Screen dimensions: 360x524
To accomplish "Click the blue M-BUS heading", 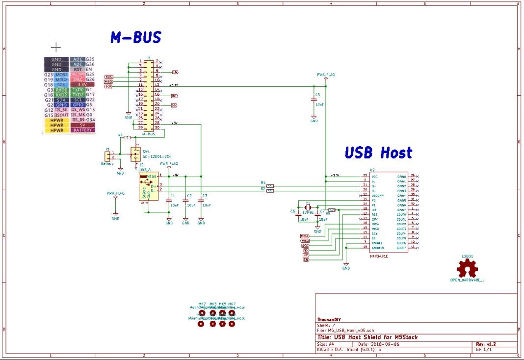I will pos(135,38).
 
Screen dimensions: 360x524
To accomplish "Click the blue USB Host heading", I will pos(378,153).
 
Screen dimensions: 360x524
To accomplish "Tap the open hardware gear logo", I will pos(467,268).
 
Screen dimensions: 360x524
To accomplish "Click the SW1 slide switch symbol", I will pos(135,154).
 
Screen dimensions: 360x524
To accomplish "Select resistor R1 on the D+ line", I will pos(269,186).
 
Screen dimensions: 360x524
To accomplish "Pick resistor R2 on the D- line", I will pos(269,191).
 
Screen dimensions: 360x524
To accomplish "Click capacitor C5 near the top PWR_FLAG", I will pos(314,100).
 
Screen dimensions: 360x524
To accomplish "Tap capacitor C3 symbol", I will pos(201,200).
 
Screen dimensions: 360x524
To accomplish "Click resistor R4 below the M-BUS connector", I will pos(127,138).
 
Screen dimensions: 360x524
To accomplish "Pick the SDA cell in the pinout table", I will pos(61,100).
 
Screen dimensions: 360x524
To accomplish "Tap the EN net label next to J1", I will pos(175,72).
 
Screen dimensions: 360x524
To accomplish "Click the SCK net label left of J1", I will pos(108,86).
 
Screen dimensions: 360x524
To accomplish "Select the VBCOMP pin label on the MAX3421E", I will pos(378,195).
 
